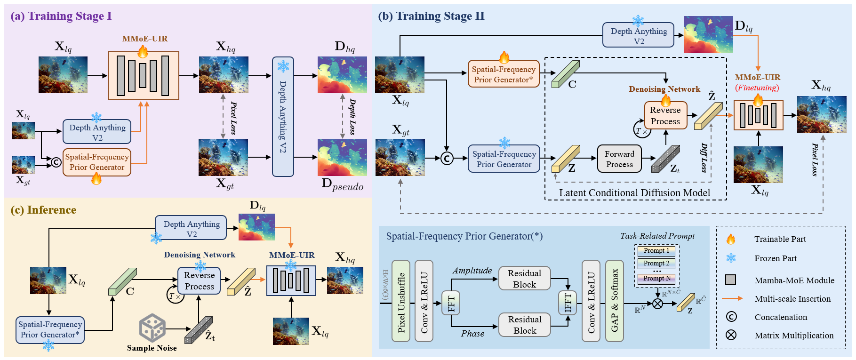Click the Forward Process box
619,159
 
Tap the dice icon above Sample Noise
152,328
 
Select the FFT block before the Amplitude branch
451,303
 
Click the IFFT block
568,303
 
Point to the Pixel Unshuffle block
401,301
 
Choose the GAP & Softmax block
615,301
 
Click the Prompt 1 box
656,251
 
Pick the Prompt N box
656,279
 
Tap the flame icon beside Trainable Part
731,239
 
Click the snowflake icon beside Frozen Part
731,258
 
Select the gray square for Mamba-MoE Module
731,280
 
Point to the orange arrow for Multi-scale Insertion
732,298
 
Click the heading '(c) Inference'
43,210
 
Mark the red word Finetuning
757,88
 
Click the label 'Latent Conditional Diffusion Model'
634,193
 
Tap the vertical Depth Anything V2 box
283,117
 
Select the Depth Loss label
352,117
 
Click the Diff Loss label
704,158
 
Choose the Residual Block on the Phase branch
525,325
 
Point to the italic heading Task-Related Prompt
657,236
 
